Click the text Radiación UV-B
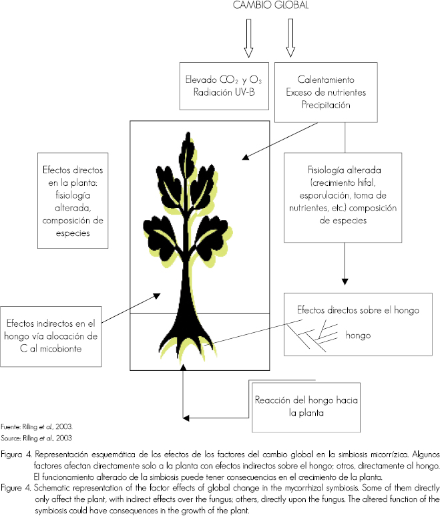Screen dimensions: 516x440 point(222,91)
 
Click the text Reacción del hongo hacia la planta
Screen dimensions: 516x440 point(307,406)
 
